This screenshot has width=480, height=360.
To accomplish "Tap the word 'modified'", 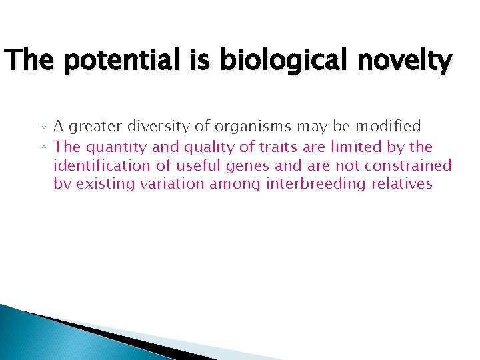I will pyautogui.click(x=388, y=126).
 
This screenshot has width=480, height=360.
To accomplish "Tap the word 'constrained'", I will pyautogui.click(x=411, y=165).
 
